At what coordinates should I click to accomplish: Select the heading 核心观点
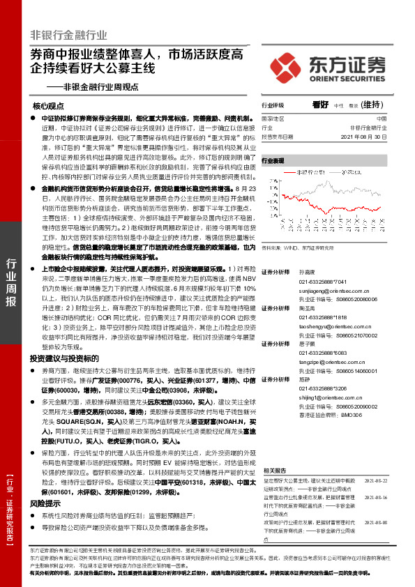(48, 107)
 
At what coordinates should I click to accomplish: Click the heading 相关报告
(273, 471)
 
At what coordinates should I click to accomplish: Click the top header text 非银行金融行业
(68, 34)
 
